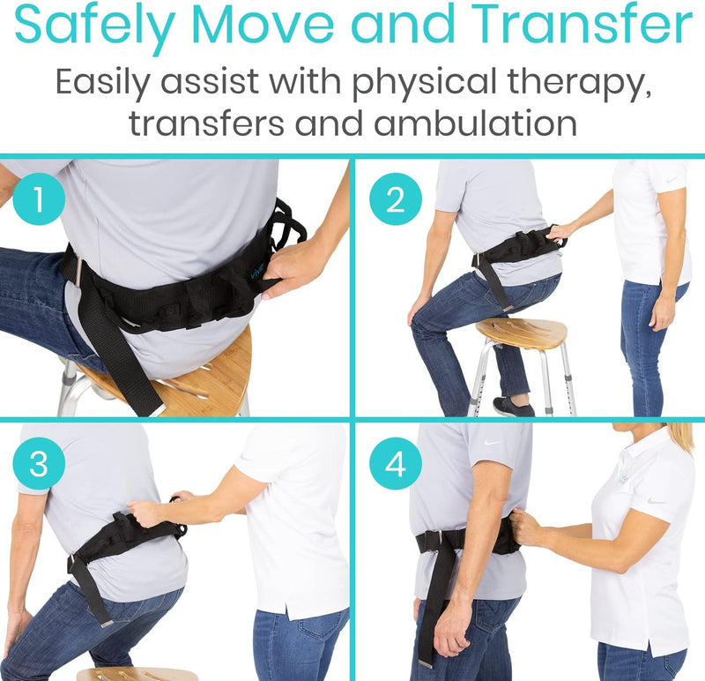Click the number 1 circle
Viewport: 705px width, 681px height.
coord(38,201)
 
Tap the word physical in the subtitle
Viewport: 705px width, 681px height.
coord(401,84)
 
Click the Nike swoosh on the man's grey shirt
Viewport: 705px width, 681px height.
coord(493,442)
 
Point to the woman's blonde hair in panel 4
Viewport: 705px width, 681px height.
coord(679,437)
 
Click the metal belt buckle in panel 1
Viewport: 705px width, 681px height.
coord(78,269)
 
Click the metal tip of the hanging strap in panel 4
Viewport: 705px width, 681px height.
coord(426,662)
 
